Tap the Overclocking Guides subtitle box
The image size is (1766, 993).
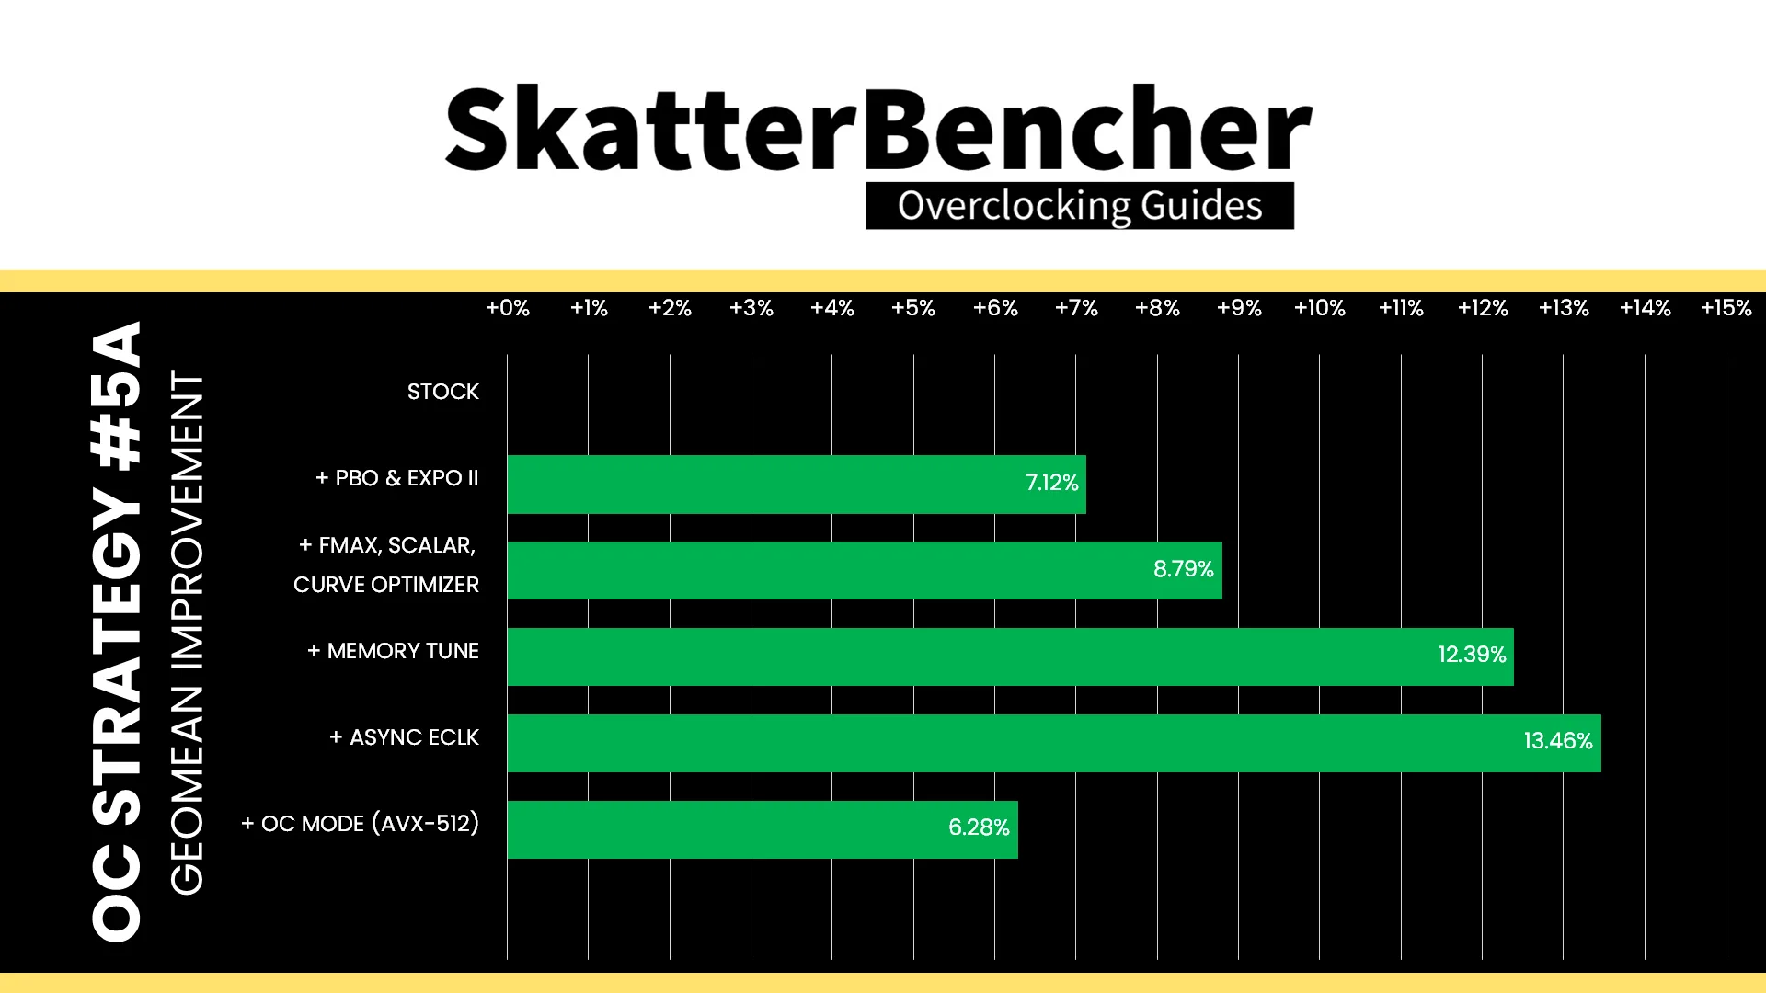click(1080, 206)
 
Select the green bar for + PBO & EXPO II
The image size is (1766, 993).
click(797, 485)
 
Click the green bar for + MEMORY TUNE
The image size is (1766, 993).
click(1010, 656)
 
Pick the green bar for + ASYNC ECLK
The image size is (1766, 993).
click(1054, 743)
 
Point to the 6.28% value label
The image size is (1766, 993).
click(979, 827)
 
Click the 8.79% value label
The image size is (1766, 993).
click(1184, 569)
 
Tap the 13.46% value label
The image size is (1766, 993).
click(1558, 741)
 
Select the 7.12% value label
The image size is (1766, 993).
click(1051, 483)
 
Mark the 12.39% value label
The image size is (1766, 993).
click(1473, 655)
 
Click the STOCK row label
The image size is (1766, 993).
click(443, 392)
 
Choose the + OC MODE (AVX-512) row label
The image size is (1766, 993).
click(361, 824)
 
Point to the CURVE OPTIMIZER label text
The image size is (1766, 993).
click(386, 585)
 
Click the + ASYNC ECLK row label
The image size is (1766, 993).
click(405, 737)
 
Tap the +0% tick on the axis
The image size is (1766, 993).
click(508, 308)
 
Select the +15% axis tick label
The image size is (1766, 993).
click(1726, 308)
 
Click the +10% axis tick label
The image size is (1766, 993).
click(1320, 308)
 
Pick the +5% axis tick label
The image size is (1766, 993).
click(913, 308)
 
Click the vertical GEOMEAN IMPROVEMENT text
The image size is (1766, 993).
click(187, 633)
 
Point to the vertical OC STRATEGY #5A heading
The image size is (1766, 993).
click(117, 632)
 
